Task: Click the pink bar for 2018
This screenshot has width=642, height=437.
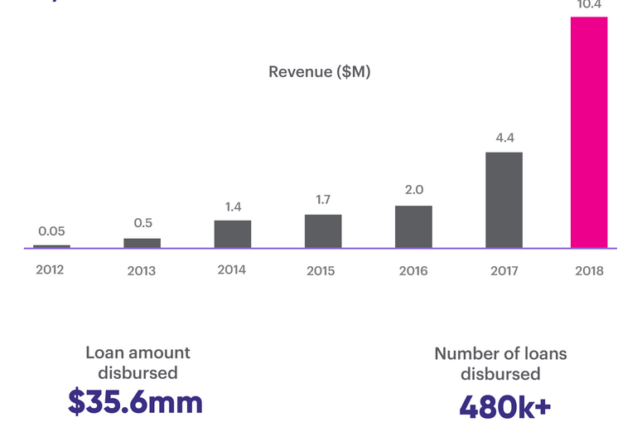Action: (x=589, y=133)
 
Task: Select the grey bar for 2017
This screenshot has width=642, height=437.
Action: (x=504, y=200)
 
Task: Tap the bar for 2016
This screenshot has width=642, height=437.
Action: (x=413, y=226)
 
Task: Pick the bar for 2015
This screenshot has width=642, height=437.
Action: (x=323, y=231)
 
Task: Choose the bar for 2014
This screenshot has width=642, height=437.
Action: (x=233, y=234)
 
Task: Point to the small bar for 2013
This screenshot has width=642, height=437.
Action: (x=142, y=243)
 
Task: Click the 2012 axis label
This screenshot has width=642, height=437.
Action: (x=50, y=269)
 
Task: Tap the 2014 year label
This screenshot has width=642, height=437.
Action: (x=232, y=269)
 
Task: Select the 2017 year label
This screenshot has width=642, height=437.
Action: (x=504, y=270)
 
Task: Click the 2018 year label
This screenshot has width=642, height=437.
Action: (x=589, y=270)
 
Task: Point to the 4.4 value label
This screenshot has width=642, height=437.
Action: (x=504, y=138)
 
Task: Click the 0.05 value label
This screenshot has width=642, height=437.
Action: (x=51, y=231)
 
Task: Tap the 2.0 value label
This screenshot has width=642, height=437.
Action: (x=413, y=190)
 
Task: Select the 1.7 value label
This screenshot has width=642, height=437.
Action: (x=323, y=200)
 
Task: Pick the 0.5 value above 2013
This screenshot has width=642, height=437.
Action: (x=142, y=223)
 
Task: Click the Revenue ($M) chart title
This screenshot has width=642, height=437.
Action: (x=319, y=72)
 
